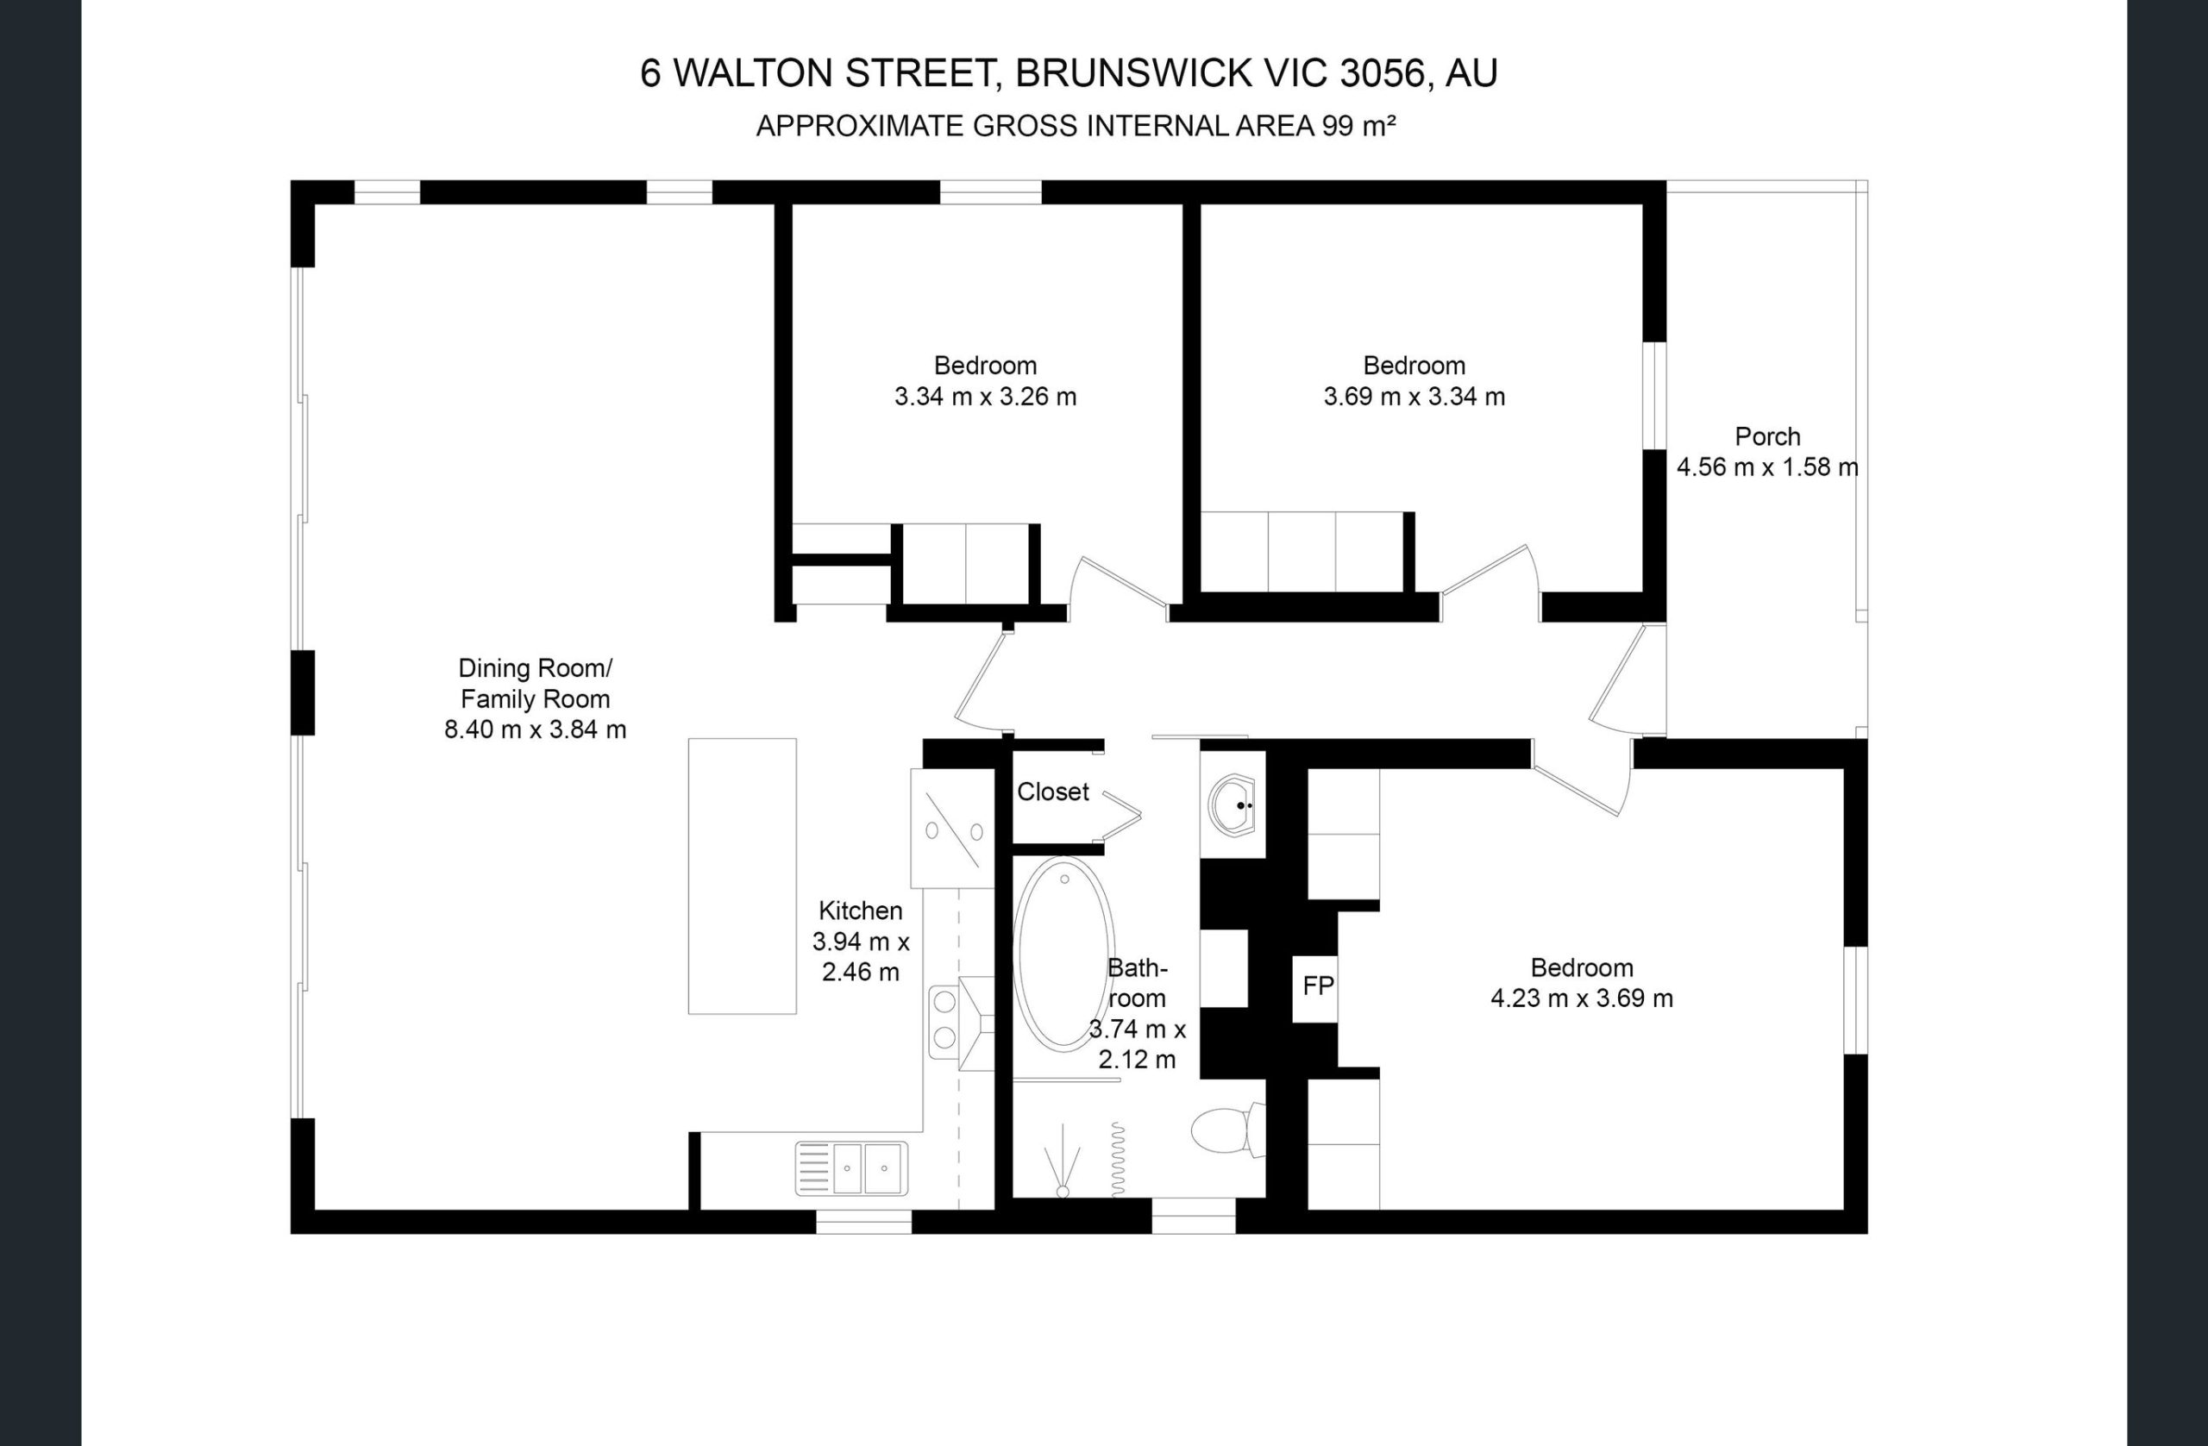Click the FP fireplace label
pos(1317,986)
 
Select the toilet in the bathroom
pos(1227,1130)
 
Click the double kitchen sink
pos(851,1167)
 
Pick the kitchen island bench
pos(743,875)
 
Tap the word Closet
pos(1053,792)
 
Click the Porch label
pos(1767,436)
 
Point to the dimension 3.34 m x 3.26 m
pos(985,397)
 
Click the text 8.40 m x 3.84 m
pos(536,730)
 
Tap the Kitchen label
pos(860,911)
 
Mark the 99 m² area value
pos(1358,125)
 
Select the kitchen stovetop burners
pos(944,1020)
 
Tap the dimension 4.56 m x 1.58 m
pos(1767,467)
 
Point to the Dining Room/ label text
pos(536,667)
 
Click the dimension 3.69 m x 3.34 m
pos(1414,397)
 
